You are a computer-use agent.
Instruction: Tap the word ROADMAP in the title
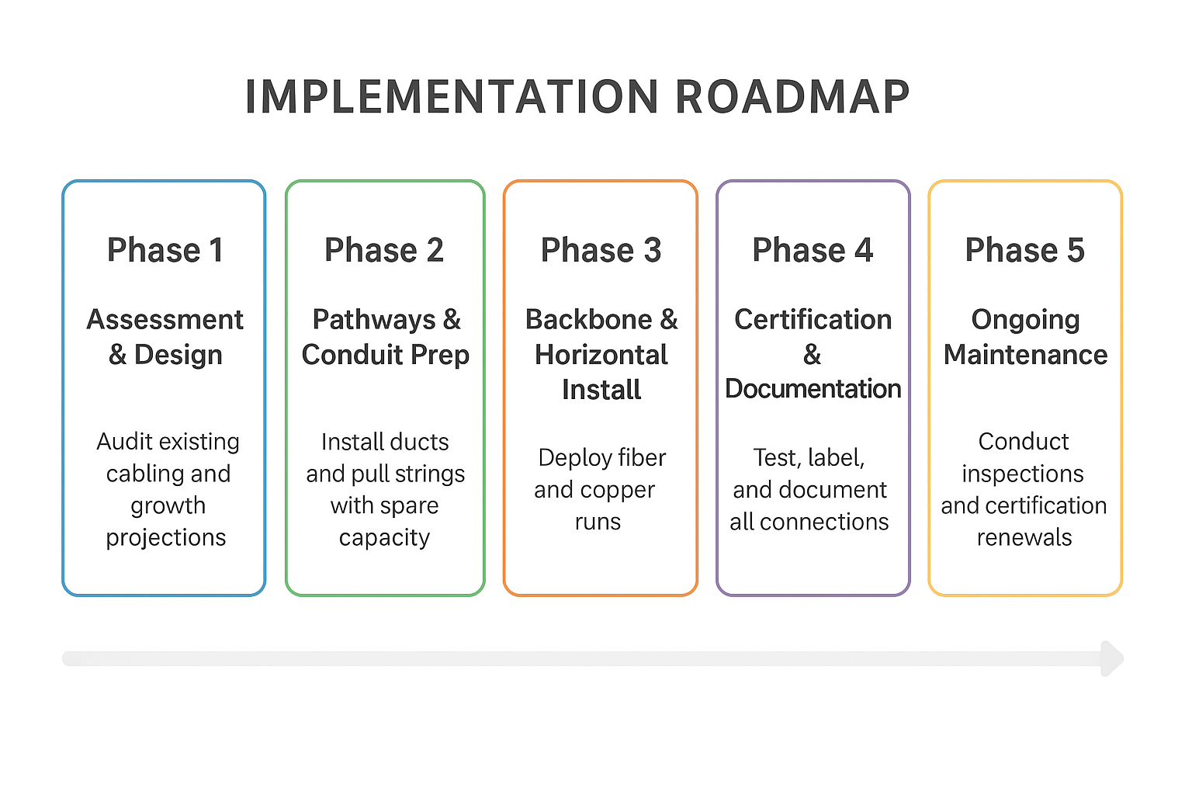[x=792, y=98]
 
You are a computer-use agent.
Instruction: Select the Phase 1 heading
[x=165, y=250]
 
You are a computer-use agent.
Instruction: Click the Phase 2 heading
[x=384, y=250]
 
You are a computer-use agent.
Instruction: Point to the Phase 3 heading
[x=601, y=250]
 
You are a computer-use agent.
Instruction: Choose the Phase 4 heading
[x=813, y=250]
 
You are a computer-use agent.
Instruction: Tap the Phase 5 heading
[x=1024, y=250]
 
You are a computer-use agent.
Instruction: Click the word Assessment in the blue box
[x=165, y=319]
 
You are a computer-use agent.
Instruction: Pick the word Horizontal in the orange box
[x=601, y=355]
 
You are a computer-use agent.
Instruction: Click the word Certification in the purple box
[x=813, y=319]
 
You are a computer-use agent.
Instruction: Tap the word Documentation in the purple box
[x=813, y=389]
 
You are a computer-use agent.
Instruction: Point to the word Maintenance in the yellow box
[x=1025, y=355]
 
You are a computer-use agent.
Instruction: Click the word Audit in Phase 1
[x=124, y=442]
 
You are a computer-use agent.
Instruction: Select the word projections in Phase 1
[x=166, y=537]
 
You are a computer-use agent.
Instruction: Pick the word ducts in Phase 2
[x=419, y=442]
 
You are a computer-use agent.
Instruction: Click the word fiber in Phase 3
[x=640, y=458]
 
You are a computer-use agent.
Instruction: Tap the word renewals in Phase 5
[x=1024, y=537]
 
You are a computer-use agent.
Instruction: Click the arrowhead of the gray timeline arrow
[x=1112, y=658]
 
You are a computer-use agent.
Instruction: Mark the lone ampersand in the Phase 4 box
[x=812, y=355]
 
